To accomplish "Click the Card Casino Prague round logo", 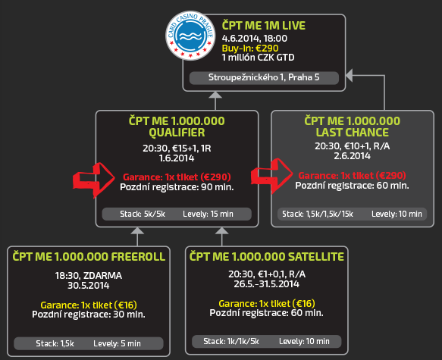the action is [190, 36].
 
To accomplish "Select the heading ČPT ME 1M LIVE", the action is [264, 25].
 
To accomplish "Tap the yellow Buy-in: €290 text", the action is [250, 49].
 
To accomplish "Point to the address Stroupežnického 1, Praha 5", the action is [264, 77].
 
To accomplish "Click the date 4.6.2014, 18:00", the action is [255, 38].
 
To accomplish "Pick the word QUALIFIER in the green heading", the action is [177, 133].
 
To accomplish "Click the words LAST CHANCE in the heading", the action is [353, 132].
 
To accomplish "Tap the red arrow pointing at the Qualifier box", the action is [93, 180].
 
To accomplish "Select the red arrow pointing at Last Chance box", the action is [271, 176].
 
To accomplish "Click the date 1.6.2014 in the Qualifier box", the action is [177, 158].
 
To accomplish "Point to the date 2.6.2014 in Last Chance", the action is [353, 156].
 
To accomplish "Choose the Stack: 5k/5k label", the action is [143, 214].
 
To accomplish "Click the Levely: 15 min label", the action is [208, 214].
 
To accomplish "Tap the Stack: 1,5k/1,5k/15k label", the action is [318, 214].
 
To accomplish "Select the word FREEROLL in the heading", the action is [138, 257].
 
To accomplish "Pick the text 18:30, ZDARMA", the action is [89, 275].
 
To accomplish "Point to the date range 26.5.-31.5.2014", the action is [266, 283].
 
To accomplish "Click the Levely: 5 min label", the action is [117, 343].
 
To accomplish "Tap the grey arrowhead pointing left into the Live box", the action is [350, 76].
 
